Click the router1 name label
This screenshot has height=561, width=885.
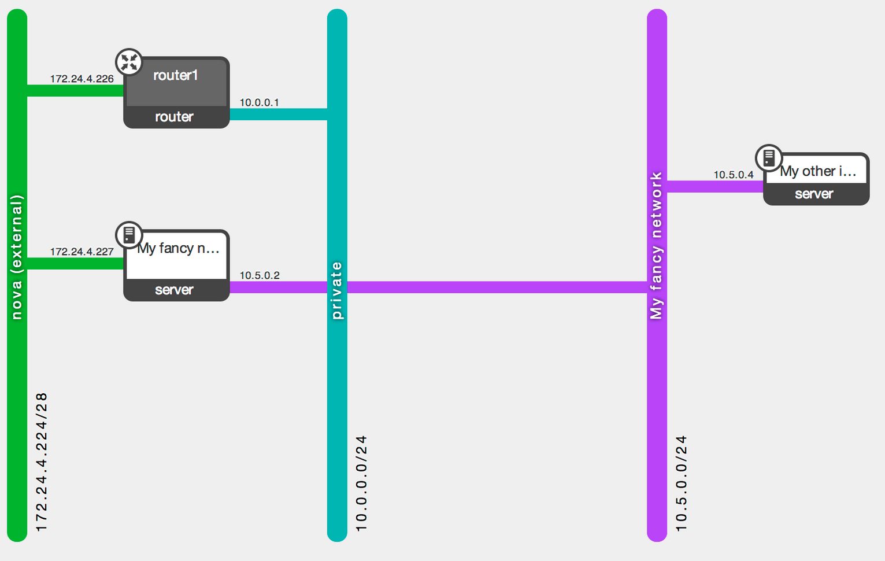[176, 75]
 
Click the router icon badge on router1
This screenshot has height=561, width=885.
[129, 62]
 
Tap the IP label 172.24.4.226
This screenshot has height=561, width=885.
[82, 79]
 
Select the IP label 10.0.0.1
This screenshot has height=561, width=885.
[260, 102]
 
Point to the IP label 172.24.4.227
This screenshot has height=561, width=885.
[82, 252]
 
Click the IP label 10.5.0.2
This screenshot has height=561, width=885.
[260, 275]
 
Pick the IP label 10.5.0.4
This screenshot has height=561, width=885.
[734, 175]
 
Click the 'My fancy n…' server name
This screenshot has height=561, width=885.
[178, 249]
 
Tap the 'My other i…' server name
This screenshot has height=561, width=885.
[818, 171]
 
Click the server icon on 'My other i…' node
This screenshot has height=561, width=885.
[769, 158]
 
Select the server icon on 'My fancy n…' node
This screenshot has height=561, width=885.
[129, 235]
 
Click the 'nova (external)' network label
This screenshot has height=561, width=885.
[17, 257]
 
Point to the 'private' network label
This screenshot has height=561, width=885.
[337, 290]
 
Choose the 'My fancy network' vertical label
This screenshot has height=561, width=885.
[656, 245]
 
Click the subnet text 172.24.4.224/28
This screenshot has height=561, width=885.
[42, 462]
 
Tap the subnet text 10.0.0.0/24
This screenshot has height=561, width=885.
[361, 484]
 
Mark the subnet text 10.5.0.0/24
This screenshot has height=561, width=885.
[682, 484]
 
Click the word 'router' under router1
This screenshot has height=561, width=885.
[174, 117]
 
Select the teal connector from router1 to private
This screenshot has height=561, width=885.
[278, 114]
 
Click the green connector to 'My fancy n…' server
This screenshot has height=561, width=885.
[75, 264]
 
